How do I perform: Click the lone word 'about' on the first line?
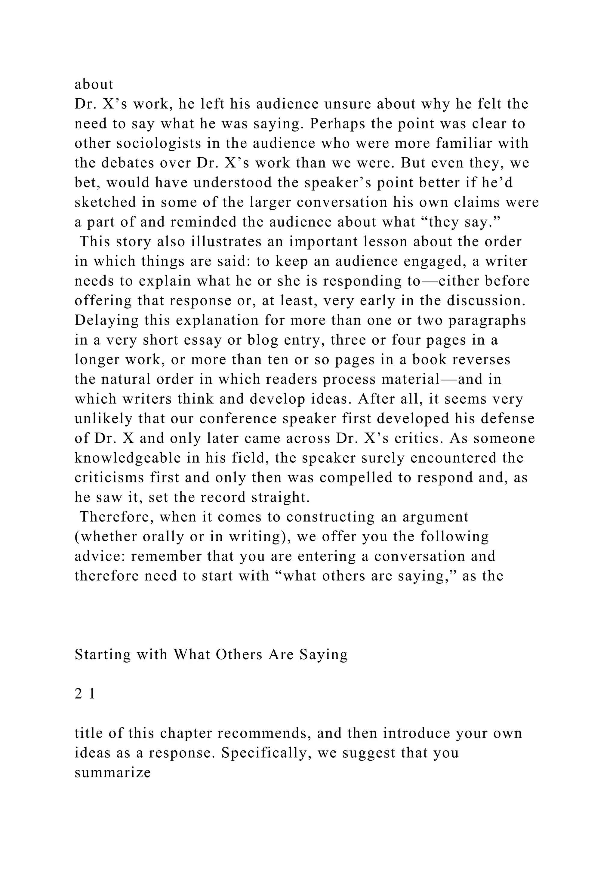coord(94,84)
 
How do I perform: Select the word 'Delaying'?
coord(106,320)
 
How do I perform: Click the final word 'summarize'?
coord(113,773)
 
